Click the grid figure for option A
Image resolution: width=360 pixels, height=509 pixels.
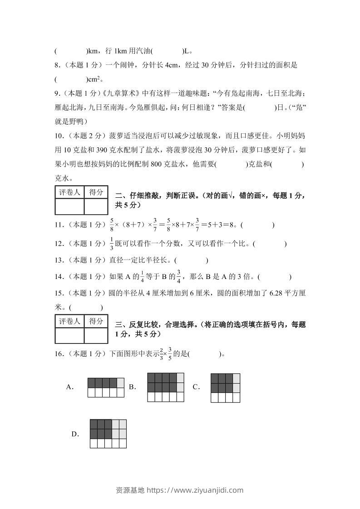click(x=106, y=387)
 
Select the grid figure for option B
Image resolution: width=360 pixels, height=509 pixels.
click(x=166, y=387)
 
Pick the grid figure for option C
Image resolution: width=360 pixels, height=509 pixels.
click(x=225, y=387)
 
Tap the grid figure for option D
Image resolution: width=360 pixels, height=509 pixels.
click(x=108, y=433)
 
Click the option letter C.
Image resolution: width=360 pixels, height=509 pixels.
click(x=196, y=387)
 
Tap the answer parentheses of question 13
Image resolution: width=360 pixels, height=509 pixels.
click(x=191, y=260)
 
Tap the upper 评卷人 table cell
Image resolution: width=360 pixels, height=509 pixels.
click(x=69, y=192)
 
